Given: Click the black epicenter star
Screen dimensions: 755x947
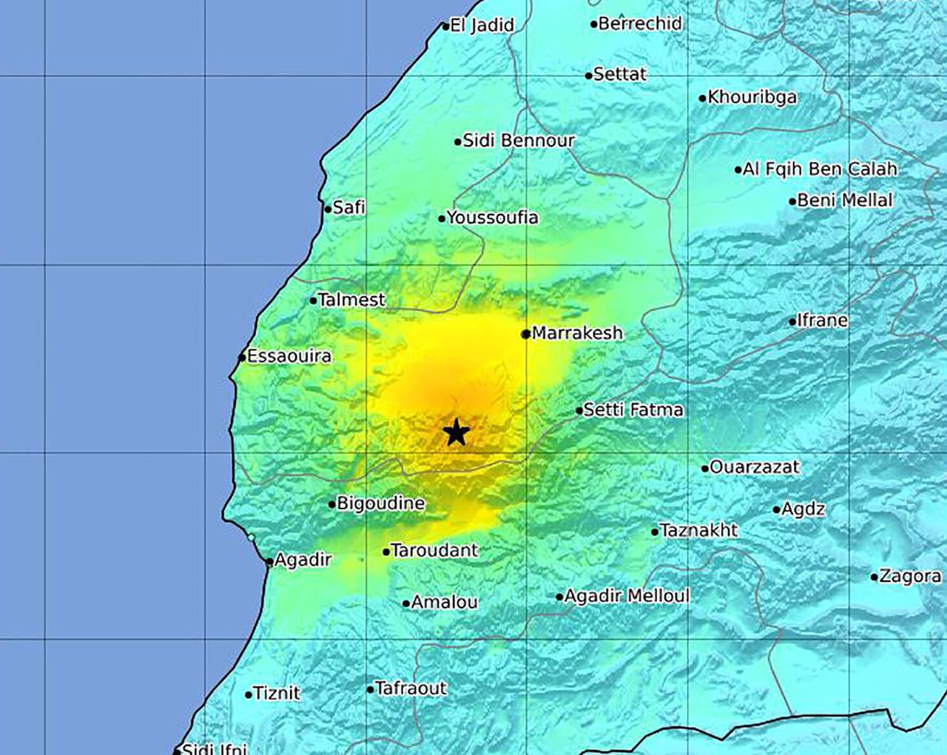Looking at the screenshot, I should (457, 432).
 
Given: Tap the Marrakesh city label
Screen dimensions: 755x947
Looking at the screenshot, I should (577, 333).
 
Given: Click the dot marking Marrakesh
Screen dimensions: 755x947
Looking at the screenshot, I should (526, 335).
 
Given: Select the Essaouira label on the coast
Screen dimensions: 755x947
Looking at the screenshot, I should (289, 356).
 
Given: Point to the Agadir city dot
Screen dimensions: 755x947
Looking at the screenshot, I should (269, 562).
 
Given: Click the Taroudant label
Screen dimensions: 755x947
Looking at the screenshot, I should (434, 550).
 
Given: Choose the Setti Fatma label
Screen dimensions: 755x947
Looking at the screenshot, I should (633, 409).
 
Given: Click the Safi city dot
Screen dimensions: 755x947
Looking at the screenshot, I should (328, 209).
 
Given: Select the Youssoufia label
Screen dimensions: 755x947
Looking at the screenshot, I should (493, 218).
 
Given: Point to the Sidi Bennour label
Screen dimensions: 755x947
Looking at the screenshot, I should (519, 141).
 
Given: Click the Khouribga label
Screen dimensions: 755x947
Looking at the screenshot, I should (752, 97).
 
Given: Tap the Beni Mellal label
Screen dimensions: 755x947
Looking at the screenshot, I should (845, 200).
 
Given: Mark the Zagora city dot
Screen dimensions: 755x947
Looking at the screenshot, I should (874, 577).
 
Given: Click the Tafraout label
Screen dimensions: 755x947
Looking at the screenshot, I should (411, 688).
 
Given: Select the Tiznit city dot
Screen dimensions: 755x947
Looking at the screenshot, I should (249, 694).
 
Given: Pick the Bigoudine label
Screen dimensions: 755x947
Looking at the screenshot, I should (381, 503).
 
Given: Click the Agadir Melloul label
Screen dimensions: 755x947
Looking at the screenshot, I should (627, 596).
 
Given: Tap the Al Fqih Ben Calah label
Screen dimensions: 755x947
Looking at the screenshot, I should (820, 169).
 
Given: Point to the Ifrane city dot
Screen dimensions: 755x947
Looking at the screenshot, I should (792, 322).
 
